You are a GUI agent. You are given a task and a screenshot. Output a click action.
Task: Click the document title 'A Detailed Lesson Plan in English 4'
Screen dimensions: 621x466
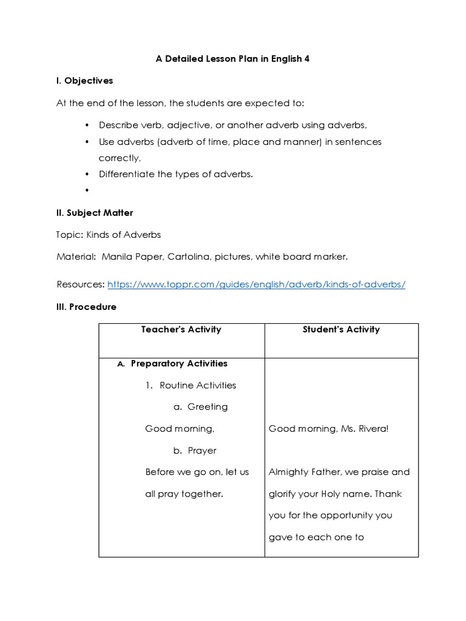click(x=233, y=59)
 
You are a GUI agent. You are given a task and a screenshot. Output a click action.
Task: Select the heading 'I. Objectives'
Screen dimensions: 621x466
click(x=84, y=81)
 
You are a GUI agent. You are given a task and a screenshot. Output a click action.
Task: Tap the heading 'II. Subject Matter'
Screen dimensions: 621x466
click(x=95, y=213)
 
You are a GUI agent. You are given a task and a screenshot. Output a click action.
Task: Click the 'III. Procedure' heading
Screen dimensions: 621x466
click(x=86, y=307)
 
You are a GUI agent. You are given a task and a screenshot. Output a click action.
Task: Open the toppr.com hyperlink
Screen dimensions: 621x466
click(x=256, y=284)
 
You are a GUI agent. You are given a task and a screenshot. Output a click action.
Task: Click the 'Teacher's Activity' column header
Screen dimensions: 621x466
click(x=181, y=330)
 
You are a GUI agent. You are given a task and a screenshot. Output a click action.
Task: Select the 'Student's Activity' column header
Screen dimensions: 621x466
click(x=341, y=330)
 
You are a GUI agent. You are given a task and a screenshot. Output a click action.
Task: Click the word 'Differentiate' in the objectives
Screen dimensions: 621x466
click(x=127, y=174)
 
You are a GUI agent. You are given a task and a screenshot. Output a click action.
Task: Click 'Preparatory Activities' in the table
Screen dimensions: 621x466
click(x=179, y=364)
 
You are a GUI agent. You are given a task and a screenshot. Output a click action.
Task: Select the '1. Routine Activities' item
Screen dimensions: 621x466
click(x=191, y=385)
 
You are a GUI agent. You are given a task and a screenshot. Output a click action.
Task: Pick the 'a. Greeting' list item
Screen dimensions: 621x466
click(x=200, y=407)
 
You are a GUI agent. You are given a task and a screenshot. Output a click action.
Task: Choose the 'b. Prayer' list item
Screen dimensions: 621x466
click(x=194, y=451)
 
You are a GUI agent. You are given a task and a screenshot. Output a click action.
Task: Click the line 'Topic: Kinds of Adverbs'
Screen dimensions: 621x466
click(x=109, y=235)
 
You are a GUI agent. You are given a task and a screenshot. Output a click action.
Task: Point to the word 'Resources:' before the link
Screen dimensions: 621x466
click(x=81, y=284)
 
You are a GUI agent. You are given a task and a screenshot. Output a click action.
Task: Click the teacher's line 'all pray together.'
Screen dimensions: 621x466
click(x=184, y=494)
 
